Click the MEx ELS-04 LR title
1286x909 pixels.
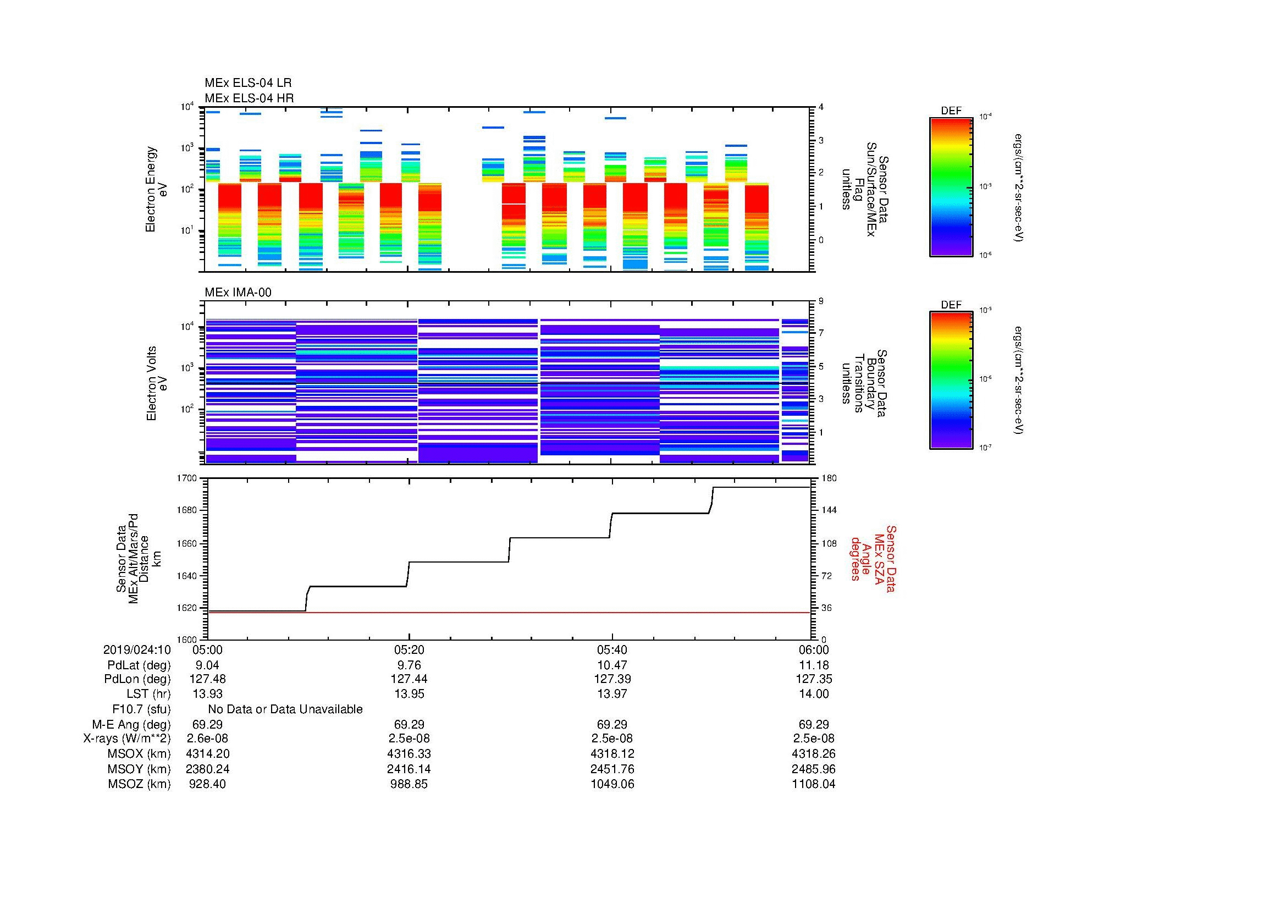(248, 83)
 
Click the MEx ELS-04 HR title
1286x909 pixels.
(249, 98)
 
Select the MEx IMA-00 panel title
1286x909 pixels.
(238, 293)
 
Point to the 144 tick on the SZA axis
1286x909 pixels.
(828, 510)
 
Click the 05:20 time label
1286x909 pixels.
(409, 649)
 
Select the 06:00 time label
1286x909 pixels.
(814, 649)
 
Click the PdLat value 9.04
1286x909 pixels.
(206, 665)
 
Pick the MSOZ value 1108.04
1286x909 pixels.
(813, 784)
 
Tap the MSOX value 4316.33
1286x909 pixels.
(409, 754)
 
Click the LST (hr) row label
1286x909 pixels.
(148, 694)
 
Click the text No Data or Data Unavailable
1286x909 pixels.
(285, 709)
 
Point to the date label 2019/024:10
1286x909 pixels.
(137, 649)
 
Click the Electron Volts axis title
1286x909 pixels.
(157, 383)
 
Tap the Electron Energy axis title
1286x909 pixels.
(157, 189)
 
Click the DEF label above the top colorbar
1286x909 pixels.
(951, 111)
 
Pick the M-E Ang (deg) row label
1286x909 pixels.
(131, 724)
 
